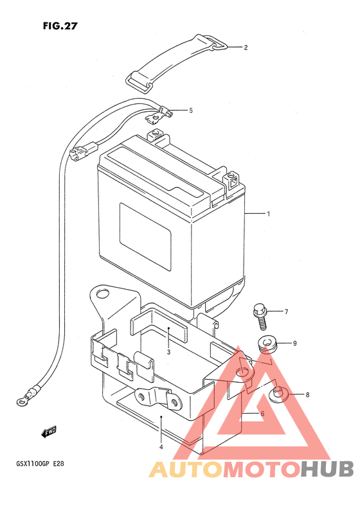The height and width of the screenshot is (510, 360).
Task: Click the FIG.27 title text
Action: pos(60,26)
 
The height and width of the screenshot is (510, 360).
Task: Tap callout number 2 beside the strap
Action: pos(246,48)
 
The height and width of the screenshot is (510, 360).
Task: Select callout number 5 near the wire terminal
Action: pos(191,110)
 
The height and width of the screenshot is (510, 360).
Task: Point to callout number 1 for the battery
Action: pos(268,214)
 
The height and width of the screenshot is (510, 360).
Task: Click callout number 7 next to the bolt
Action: pos(286,312)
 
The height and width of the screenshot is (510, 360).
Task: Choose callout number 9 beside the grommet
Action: pos(294,343)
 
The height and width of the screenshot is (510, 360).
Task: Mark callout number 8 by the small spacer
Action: pos(307,395)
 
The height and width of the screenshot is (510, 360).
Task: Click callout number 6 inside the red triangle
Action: pos(262,414)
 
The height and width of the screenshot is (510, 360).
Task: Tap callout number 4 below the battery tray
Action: pos(161,447)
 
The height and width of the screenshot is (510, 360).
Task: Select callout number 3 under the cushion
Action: pos(168,351)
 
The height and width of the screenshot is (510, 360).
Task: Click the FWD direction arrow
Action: pos(49,432)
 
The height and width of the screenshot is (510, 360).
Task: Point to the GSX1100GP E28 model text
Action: pos(40,463)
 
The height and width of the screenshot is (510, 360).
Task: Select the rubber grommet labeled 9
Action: pos(266,344)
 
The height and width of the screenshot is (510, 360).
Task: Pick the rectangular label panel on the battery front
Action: pos(145,237)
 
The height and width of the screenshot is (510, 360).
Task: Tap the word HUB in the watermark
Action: pos(327,470)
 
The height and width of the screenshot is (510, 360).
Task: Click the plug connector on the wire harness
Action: pos(83,150)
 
